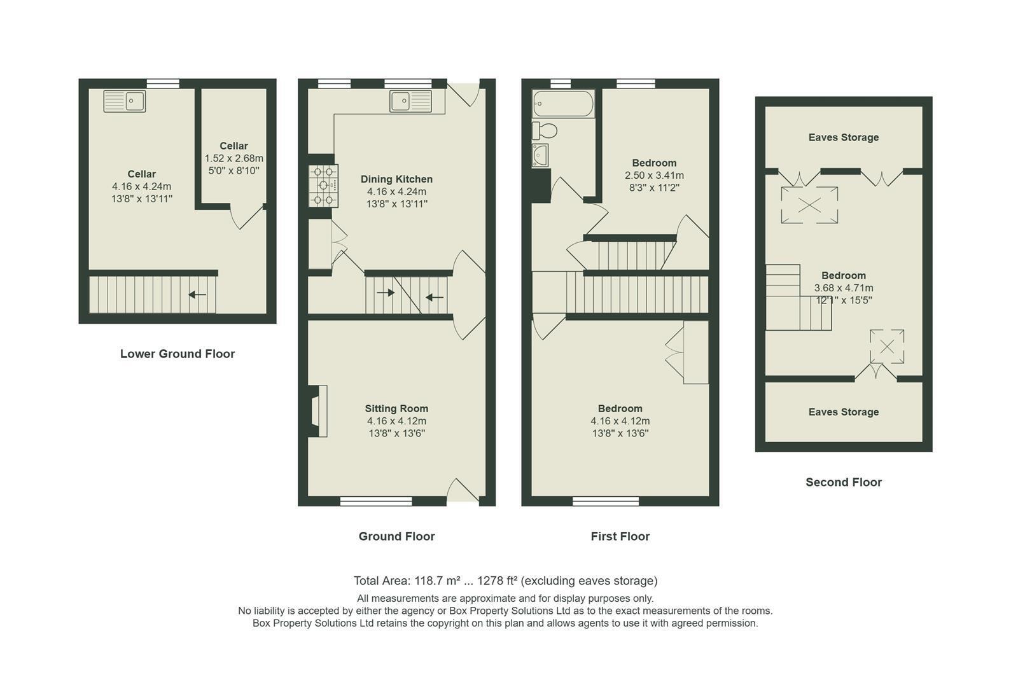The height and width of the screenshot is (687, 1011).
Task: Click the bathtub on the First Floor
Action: (x=563, y=104)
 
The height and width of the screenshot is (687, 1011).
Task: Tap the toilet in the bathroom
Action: (x=545, y=131)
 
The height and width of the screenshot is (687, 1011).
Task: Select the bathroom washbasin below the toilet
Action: (x=540, y=155)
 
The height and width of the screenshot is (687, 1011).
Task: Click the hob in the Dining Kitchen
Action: (x=324, y=186)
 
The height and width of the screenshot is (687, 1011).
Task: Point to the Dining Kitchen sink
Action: (x=411, y=101)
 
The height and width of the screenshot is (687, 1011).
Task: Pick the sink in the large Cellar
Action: (x=125, y=101)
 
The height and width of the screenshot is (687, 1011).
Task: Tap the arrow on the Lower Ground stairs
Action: (x=197, y=295)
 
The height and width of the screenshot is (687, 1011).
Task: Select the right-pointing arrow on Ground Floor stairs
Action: (x=386, y=293)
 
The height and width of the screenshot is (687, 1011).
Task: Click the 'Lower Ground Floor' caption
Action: (x=178, y=354)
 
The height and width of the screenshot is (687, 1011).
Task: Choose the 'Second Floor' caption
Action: (x=844, y=482)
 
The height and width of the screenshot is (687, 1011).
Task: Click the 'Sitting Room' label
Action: (x=396, y=408)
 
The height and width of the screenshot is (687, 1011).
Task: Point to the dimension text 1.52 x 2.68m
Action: (x=234, y=158)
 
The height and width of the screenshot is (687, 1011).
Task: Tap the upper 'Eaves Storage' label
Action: (x=844, y=137)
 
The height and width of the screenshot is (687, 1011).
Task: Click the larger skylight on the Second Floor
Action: (x=810, y=205)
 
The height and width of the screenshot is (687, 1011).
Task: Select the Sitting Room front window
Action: (x=376, y=501)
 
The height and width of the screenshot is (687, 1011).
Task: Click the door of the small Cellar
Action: (x=248, y=217)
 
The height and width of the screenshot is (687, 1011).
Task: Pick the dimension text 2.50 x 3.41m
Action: (x=654, y=175)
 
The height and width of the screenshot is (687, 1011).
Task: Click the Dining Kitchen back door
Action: (x=464, y=94)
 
